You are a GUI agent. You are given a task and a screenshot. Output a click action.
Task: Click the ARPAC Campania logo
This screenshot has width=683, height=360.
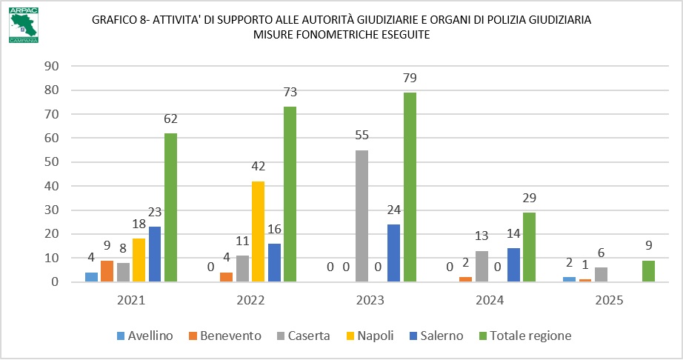[24, 24]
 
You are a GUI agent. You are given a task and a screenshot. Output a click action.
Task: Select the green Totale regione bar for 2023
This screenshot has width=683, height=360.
[410, 187]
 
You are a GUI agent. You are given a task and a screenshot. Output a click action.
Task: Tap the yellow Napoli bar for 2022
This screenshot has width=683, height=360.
[258, 232]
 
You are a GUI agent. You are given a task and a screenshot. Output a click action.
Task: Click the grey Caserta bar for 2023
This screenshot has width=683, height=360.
[362, 216]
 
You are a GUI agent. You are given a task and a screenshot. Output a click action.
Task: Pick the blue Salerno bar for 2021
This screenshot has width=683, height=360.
[155, 254]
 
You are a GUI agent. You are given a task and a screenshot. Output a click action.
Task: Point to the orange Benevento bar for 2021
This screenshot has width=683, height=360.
[107, 271]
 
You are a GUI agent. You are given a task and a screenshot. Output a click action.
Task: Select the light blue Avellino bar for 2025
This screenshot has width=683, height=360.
[569, 279]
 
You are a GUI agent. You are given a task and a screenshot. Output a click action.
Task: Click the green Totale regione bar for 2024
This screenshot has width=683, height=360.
[529, 247]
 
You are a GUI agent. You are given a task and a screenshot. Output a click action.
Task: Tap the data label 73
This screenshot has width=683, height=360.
[290, 93]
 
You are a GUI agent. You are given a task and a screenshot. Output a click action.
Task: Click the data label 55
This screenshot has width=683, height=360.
[362, 136]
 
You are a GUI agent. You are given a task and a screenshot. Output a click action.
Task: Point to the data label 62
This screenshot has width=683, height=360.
[170, 119]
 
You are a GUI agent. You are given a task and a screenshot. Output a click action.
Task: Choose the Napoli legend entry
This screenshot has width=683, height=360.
[370, 336]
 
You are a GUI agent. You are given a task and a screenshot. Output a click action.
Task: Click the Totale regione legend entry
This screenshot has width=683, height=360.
[525, 336]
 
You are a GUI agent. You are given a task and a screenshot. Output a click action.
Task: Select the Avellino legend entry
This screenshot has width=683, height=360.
[144, 336]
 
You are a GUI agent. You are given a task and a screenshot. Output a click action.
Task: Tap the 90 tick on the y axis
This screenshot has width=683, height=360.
[51, 66]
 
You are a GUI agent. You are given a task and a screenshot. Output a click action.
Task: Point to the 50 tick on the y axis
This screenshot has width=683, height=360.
[51, 162]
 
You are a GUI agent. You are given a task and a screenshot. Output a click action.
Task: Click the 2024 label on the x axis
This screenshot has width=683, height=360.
[490, 300]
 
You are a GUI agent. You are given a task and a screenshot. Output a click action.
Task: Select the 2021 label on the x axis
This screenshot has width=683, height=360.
[131, 300]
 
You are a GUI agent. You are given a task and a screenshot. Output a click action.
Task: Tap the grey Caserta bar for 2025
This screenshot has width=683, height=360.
[601, 275]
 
